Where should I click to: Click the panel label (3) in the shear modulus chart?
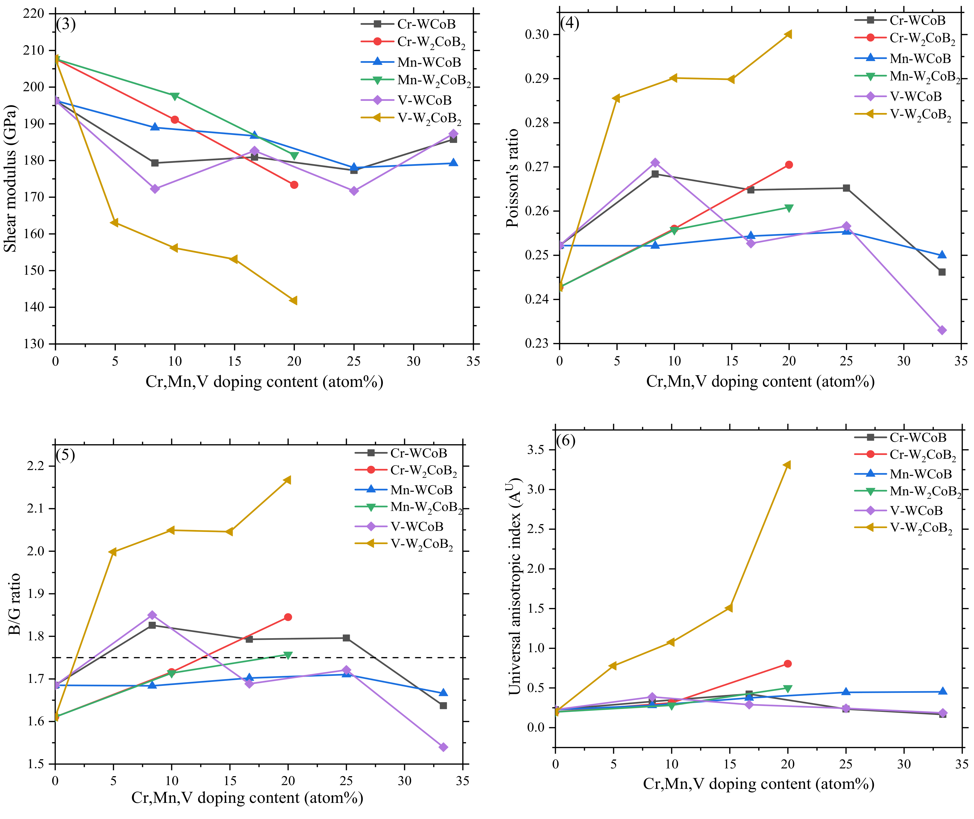click(66, 24)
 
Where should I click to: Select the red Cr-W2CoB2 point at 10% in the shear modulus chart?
click(175, 120)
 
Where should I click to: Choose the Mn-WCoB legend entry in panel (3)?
click(411, 62)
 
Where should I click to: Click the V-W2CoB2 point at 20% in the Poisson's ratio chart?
click(788, 34)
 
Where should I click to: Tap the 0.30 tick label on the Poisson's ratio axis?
click(537, 34)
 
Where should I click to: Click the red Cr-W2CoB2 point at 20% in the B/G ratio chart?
click(288, 617)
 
